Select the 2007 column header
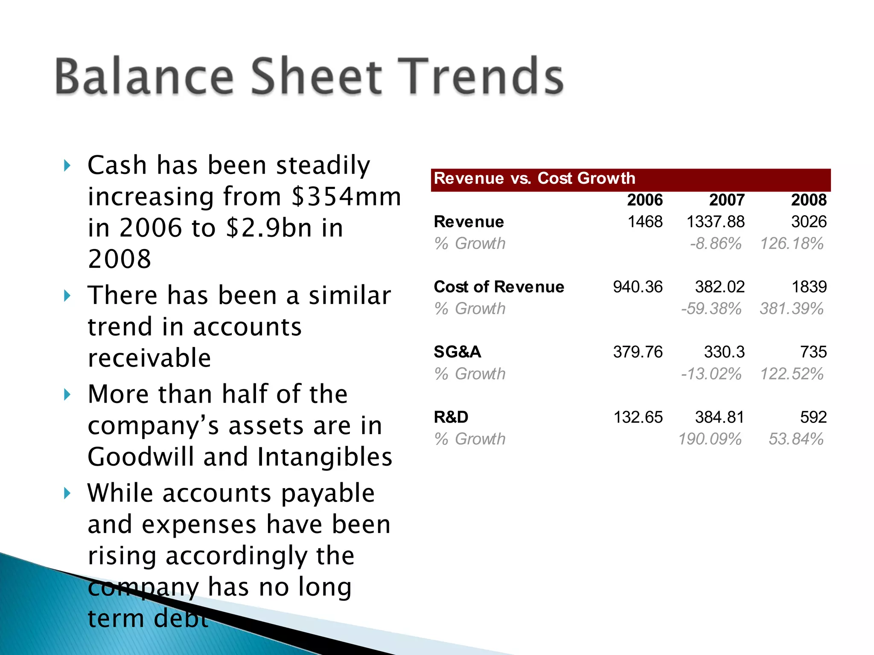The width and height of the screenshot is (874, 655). (x=727, y=200)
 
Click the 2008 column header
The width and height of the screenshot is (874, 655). (x=809, y=200)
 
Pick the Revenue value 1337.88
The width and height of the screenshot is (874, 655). (x=715, y=222)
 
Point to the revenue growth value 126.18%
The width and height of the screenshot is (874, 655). (x=792, y=243)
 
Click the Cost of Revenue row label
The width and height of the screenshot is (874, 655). (x=499, y=287)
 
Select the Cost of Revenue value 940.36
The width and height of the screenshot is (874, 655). (x=638, y=287)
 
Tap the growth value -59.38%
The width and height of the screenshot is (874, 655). (x=711, y=309)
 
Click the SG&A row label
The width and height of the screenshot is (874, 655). (x=457, y=352)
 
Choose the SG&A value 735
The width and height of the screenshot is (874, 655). (x=813, y=352)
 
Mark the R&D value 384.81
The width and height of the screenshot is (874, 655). (x=720, y=417)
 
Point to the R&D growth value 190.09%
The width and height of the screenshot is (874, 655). (x=710, y=439)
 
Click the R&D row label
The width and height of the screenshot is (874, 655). (x=451, y=417)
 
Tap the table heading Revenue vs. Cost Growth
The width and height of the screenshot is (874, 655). (x=534, y=178)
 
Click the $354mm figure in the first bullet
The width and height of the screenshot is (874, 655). (x=346, y=197)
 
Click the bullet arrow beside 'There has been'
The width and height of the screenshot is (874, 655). (x=67, y=296)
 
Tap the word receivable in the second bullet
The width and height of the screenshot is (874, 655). (x=149, y=358)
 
